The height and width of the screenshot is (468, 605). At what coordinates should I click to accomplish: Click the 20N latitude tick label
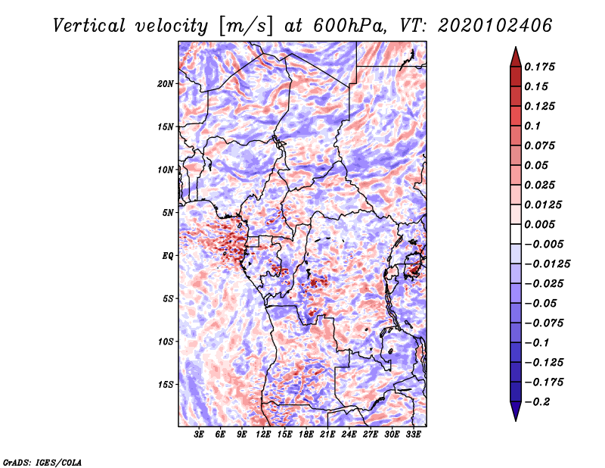pos(166,83)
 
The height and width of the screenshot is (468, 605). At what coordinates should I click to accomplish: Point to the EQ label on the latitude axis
pos(168,255)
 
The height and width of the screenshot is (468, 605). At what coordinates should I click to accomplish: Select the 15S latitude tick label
pos(166,384)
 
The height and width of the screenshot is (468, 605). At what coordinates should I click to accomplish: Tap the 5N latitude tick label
pos(168,212)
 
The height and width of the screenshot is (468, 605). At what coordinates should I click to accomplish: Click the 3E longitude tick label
pos(199,435)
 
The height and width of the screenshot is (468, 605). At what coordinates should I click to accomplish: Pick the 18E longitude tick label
pos(306,435)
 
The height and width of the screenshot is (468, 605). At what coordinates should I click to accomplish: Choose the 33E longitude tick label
pos(414,435)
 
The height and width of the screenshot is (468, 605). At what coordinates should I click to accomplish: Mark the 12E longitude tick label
pos(263,435)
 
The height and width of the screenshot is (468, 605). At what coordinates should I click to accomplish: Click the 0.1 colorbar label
pos(532,126)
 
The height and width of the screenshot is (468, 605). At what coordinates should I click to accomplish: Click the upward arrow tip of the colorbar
pos(515,49)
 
